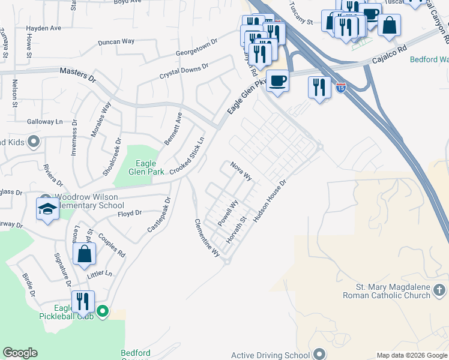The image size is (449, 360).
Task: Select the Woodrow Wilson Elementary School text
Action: [x=90, y=201]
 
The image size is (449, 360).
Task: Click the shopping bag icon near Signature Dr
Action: [x=85, y=254]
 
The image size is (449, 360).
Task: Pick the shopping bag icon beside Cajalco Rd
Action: [x=389, y=25]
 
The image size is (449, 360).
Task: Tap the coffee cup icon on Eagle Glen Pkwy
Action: [x=277, y=80]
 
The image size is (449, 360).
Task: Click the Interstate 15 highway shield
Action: [x=340, y=87]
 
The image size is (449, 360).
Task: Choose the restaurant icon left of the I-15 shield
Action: [x=319, y=87]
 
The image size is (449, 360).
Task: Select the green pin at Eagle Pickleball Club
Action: [x=103, y=311]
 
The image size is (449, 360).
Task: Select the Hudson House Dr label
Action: [x=268, y=202]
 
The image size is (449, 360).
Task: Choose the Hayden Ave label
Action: [x=44, y=28]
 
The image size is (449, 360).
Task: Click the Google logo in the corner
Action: [x=20, y=353]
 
